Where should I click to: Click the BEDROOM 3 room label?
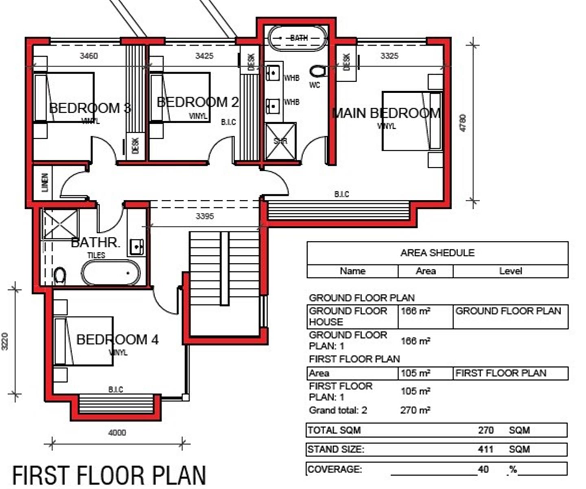(x=90, y=108)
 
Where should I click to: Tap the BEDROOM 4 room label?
(x=118, y=339)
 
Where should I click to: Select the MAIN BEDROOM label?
(x=386, y=113)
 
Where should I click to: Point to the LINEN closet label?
(x=45, y=183)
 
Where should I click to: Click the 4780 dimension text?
(x=463, y=123)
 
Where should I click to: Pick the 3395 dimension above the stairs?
(x=205, y=216)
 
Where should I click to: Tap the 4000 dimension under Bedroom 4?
(x=117, y=432)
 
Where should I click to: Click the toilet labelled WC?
(x=319, y=71)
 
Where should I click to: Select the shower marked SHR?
(x=280, y=141)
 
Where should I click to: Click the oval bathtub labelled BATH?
(x=297, y=38)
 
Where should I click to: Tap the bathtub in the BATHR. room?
(x=111, y=272)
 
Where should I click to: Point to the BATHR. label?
(x=96, y=243)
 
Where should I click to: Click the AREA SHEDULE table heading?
(x=437, y=253)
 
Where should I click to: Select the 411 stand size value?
(x=485, y=449)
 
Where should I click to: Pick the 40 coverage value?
(x=483, y=469)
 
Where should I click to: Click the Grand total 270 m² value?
(x=415, y=410)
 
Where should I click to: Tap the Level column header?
(x=510, y=271)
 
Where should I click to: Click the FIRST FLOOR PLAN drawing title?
(x=109, y=476)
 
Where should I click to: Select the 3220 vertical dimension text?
(x=5, y=341)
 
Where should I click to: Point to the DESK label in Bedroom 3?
(x=135, y=145)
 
